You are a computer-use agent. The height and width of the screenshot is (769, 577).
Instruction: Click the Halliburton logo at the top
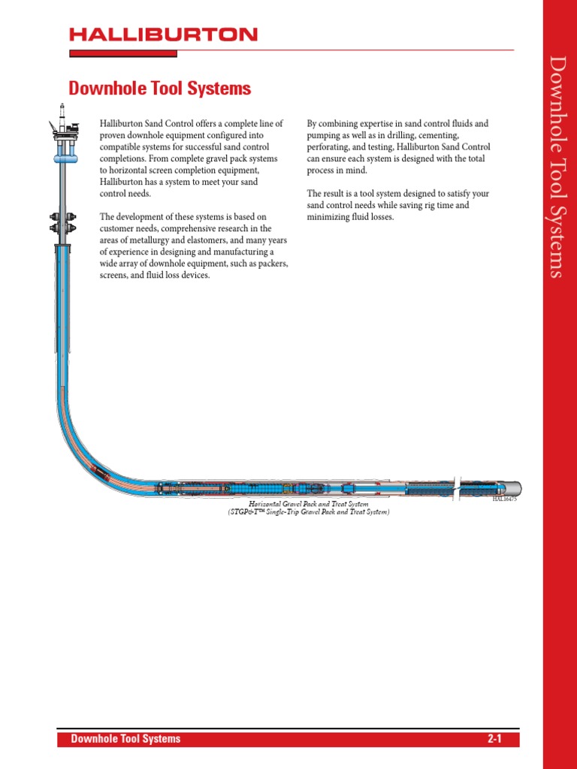click(164, 34)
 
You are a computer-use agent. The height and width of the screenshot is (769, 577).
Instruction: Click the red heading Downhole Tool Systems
click(159, 89)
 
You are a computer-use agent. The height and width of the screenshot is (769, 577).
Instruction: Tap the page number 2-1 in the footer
click(494, 739)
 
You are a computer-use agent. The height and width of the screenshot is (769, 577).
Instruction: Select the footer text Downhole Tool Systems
click(125, 739)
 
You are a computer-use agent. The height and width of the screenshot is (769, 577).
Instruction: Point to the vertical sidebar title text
click(555, 166)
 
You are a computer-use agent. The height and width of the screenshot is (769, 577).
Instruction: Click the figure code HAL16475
click(504, 499)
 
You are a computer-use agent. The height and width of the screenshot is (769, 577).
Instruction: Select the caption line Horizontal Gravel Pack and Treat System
click(309, 504)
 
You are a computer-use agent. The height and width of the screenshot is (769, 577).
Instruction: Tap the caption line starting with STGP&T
click(309, 512)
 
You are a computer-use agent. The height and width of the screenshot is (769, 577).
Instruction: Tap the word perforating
click(329, 147)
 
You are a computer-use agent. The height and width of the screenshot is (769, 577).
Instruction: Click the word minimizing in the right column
click(328, 217)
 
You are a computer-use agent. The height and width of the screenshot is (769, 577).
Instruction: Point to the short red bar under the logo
click(123, 53)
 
